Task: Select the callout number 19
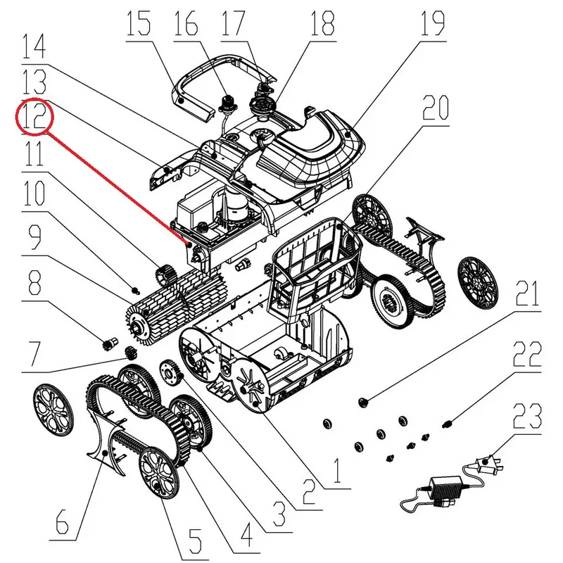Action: coord(433,26)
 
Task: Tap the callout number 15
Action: coord(139,26)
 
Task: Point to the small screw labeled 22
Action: coord(447,423)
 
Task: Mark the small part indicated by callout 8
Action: coord(109,346)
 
